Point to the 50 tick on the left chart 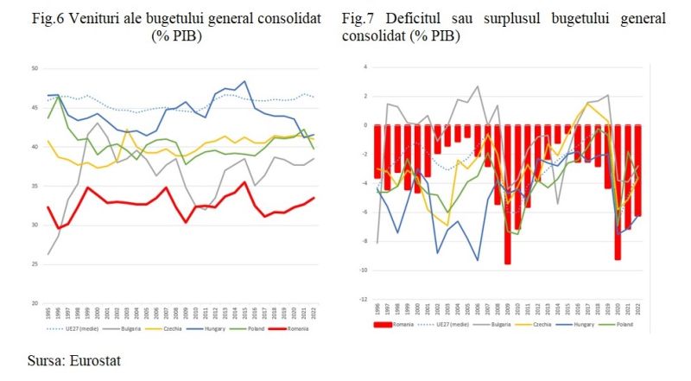point(34,68)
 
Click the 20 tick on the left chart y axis point(34,303)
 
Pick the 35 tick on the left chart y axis point(34,186)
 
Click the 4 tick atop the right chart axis point(365,67)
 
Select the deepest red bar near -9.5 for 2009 point(508,194)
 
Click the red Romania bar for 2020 point(617,192)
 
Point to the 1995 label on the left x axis point(47,314)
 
